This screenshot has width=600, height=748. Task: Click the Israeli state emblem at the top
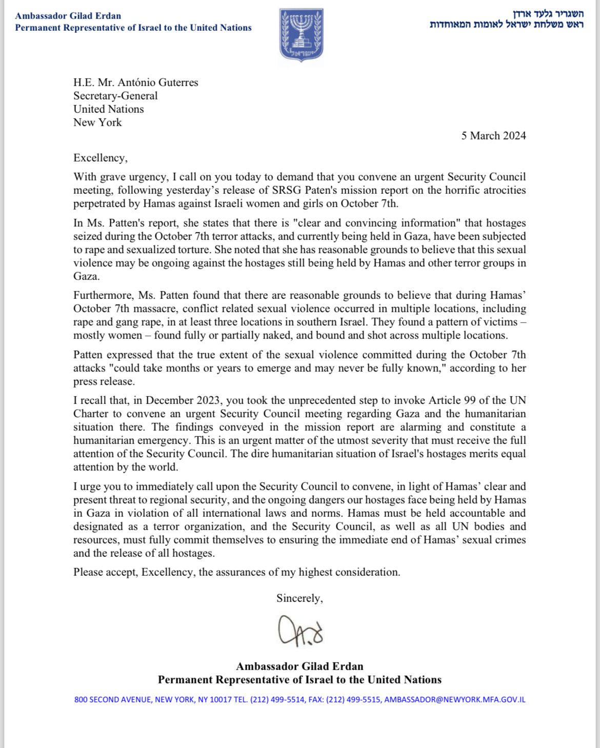[x=301, y=35]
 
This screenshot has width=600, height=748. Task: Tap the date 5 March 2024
[x=493, y=136]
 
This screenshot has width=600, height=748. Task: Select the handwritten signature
[x=300, y=631]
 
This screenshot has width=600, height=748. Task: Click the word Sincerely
[x=299, y=598]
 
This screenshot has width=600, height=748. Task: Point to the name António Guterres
[x=158, y=83]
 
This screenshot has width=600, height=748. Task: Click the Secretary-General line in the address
[x=115, y=96]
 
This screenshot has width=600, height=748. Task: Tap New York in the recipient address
[x=97, y=123]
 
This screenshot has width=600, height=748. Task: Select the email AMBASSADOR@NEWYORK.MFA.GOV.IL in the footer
[x=454, y=699]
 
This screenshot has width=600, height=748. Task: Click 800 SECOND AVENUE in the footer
[x=112, y=699]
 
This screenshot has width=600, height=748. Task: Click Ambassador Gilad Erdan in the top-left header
[x=68, y=16]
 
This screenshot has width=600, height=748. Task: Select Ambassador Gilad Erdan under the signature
[x=299, y=666]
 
